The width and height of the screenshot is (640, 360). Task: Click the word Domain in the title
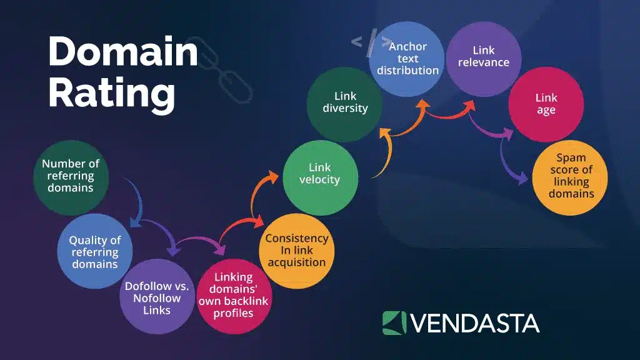tap(123, 52)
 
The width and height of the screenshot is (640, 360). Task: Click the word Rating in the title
tap(112, 94)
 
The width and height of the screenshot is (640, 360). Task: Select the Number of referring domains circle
tap(71, 177)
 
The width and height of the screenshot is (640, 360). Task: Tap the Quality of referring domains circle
tap(94, 251)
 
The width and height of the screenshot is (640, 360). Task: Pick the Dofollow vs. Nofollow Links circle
tap(156, 296)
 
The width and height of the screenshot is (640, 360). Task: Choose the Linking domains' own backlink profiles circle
tap(233, 295)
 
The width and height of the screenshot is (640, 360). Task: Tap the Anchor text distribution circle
tap(407, 59)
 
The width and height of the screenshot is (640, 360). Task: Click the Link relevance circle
tap(484, 59)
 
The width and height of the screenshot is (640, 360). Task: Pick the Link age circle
tap(546, 104)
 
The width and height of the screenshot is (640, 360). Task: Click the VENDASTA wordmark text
tap(475, 322)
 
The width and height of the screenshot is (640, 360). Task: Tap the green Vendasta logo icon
tap(394, 322)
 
